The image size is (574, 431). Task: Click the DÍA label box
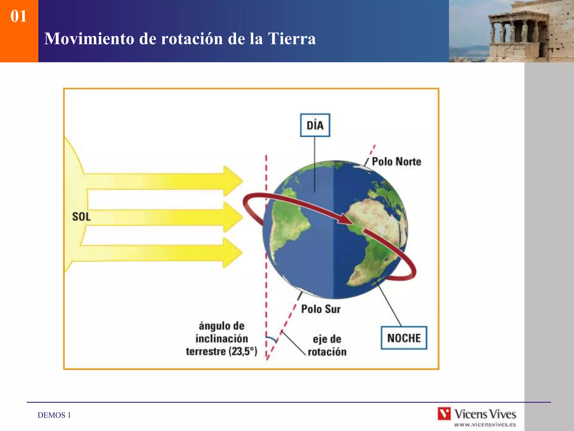(315, 125)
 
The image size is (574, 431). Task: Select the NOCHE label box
(404, 338)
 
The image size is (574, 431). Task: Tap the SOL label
(81, 217)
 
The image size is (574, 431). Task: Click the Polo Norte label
(396, 162)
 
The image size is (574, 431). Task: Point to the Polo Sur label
(321, 309)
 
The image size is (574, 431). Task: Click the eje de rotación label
(327, 345)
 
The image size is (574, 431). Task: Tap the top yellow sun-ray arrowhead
(233, 181)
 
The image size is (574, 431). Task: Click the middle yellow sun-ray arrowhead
(233, 217)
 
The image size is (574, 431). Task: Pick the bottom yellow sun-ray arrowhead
(233, 253)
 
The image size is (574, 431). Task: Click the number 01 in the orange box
(18, 16)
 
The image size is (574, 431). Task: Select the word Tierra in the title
(292, 38)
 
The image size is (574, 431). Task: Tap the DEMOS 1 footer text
(54, 415)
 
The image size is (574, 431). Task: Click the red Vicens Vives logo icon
(444, 414)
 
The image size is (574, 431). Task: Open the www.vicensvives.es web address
(485, 425)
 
